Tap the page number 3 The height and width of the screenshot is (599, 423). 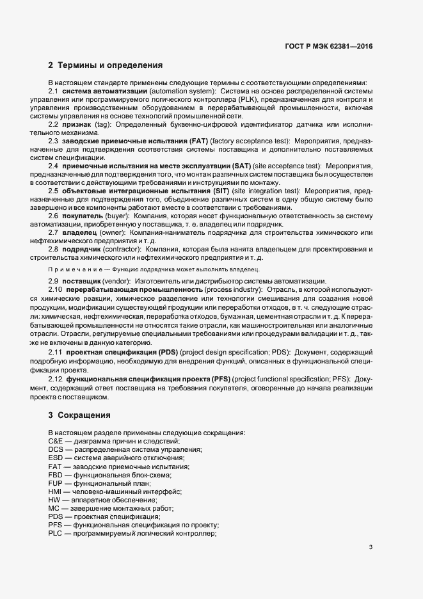[x=371, y=547]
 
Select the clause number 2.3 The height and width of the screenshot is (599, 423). [x=54, y=140]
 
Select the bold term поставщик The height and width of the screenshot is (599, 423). [x=85, y=282]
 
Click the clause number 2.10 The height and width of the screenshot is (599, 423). [x=56, y=290]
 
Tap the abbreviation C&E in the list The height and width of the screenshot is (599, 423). [x=56, y=442]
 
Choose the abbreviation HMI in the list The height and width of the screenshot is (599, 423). [x=55, y=491]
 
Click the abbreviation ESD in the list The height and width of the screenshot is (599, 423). [x=56, y=458]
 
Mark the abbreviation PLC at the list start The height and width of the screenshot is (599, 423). [x=56, y=533]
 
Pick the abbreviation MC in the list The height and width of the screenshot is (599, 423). [x=54, y=508]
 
